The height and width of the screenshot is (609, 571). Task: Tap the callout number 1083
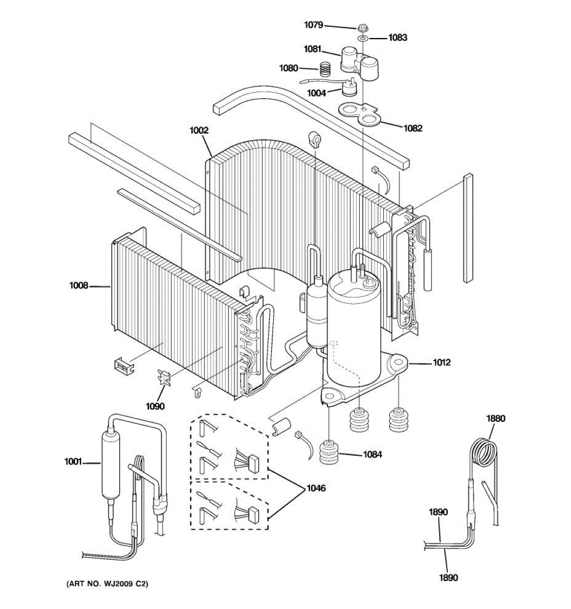pos(398,37)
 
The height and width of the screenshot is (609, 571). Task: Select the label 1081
pos(313,49)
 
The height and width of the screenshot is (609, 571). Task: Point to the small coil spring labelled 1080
pos(324,67)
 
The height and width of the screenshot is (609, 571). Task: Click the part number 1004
pos(316,93)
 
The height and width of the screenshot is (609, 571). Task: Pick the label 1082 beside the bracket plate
pos(413,128)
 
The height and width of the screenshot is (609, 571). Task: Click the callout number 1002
pos(199,130)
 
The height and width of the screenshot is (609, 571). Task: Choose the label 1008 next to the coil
pos(79,286)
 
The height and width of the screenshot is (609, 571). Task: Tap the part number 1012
pos(442,362)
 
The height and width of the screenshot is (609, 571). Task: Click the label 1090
pos(155,406)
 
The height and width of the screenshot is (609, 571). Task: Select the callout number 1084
pos(372,454)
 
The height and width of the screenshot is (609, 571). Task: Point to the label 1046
pos(316,488)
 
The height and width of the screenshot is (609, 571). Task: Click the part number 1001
pos(73,461)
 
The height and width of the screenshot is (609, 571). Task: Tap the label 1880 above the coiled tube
pos(496,419)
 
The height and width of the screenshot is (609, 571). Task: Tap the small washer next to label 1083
pos(362,38)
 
